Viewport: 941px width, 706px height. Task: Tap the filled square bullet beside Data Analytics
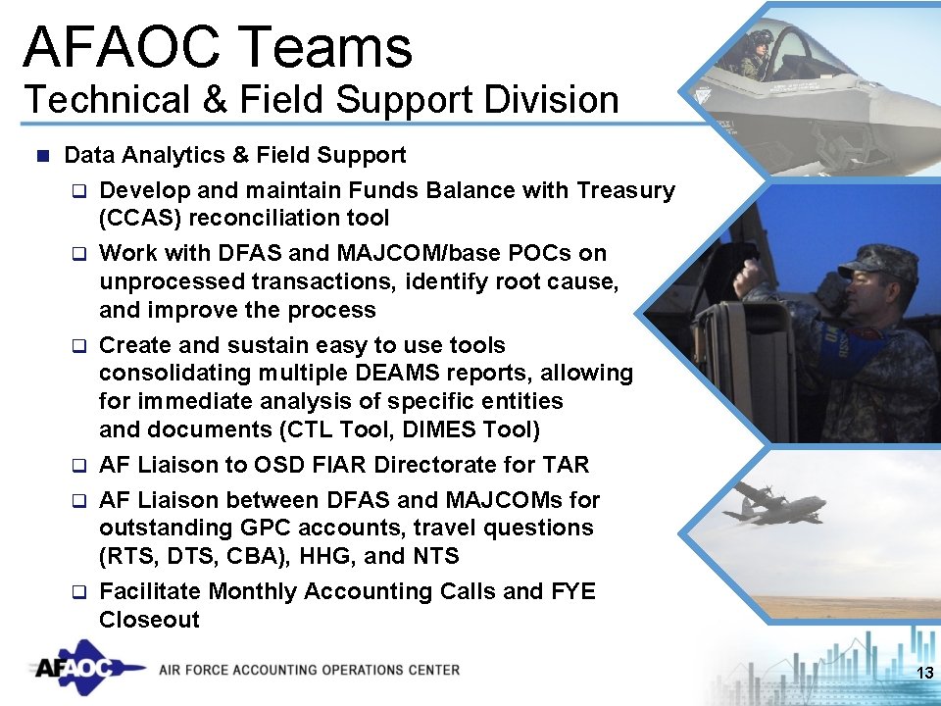point(40,155)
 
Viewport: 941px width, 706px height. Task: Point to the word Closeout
point(149,620)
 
